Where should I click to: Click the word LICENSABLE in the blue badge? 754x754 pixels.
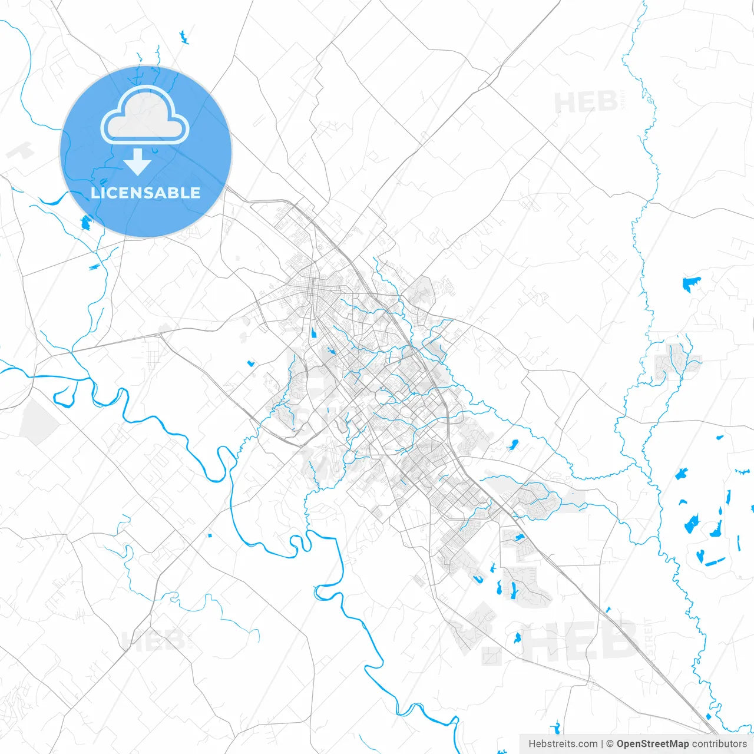click(x=145, y=193)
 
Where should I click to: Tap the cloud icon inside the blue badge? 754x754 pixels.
click(x=145, y=115)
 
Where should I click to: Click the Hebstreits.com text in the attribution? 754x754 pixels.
click(x=563, y=744)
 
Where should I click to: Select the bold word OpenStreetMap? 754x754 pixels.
click(x=652, y=744)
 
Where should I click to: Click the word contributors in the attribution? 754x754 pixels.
click(x=719, y=744)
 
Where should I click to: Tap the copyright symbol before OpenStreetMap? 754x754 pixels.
click(x=610, y=744)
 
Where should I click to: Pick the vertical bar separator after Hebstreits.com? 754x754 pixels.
click(x=602, y=744)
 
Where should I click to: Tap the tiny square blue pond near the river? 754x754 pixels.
click(x=210, y=535)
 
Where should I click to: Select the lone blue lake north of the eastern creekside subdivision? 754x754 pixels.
click(x=691, y=284)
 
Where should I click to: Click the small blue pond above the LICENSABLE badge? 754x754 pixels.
click(x=183, y=38)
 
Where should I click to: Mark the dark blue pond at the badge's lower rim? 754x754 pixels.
click(x=85, y=223)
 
